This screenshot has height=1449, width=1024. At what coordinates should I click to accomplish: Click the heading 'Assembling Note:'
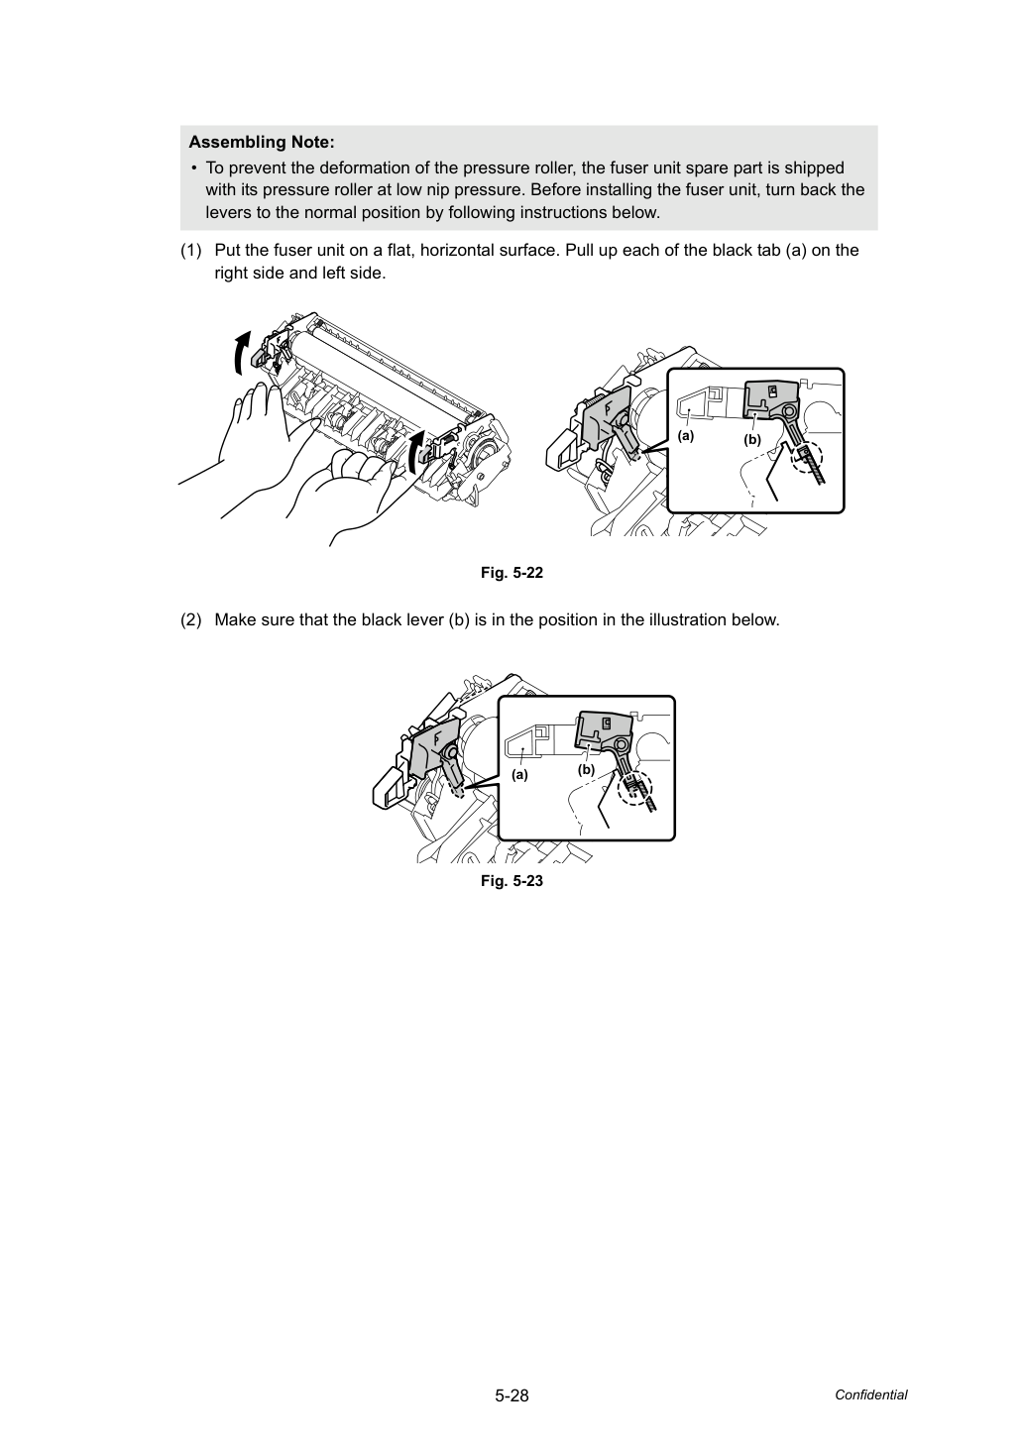coord(262,142)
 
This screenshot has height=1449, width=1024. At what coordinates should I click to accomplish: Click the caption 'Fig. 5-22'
coord(512,573)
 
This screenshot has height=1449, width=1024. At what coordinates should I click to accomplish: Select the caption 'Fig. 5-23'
coord(512,881)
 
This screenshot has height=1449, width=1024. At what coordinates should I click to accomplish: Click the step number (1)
coord(191,251)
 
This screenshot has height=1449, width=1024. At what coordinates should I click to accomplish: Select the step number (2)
coord(191,620)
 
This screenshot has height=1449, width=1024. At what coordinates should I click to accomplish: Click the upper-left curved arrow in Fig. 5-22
coord(241,353)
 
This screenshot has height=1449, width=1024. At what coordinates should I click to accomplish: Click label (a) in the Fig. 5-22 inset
coord(686,436)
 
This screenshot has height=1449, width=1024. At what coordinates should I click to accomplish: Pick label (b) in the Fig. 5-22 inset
coord(751,440)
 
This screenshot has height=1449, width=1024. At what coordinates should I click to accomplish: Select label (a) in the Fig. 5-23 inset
coord(519,774)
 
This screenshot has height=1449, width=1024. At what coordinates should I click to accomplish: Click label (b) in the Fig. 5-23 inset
coord(586,770)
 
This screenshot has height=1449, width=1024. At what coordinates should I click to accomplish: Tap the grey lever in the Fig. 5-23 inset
coord(605,734)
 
